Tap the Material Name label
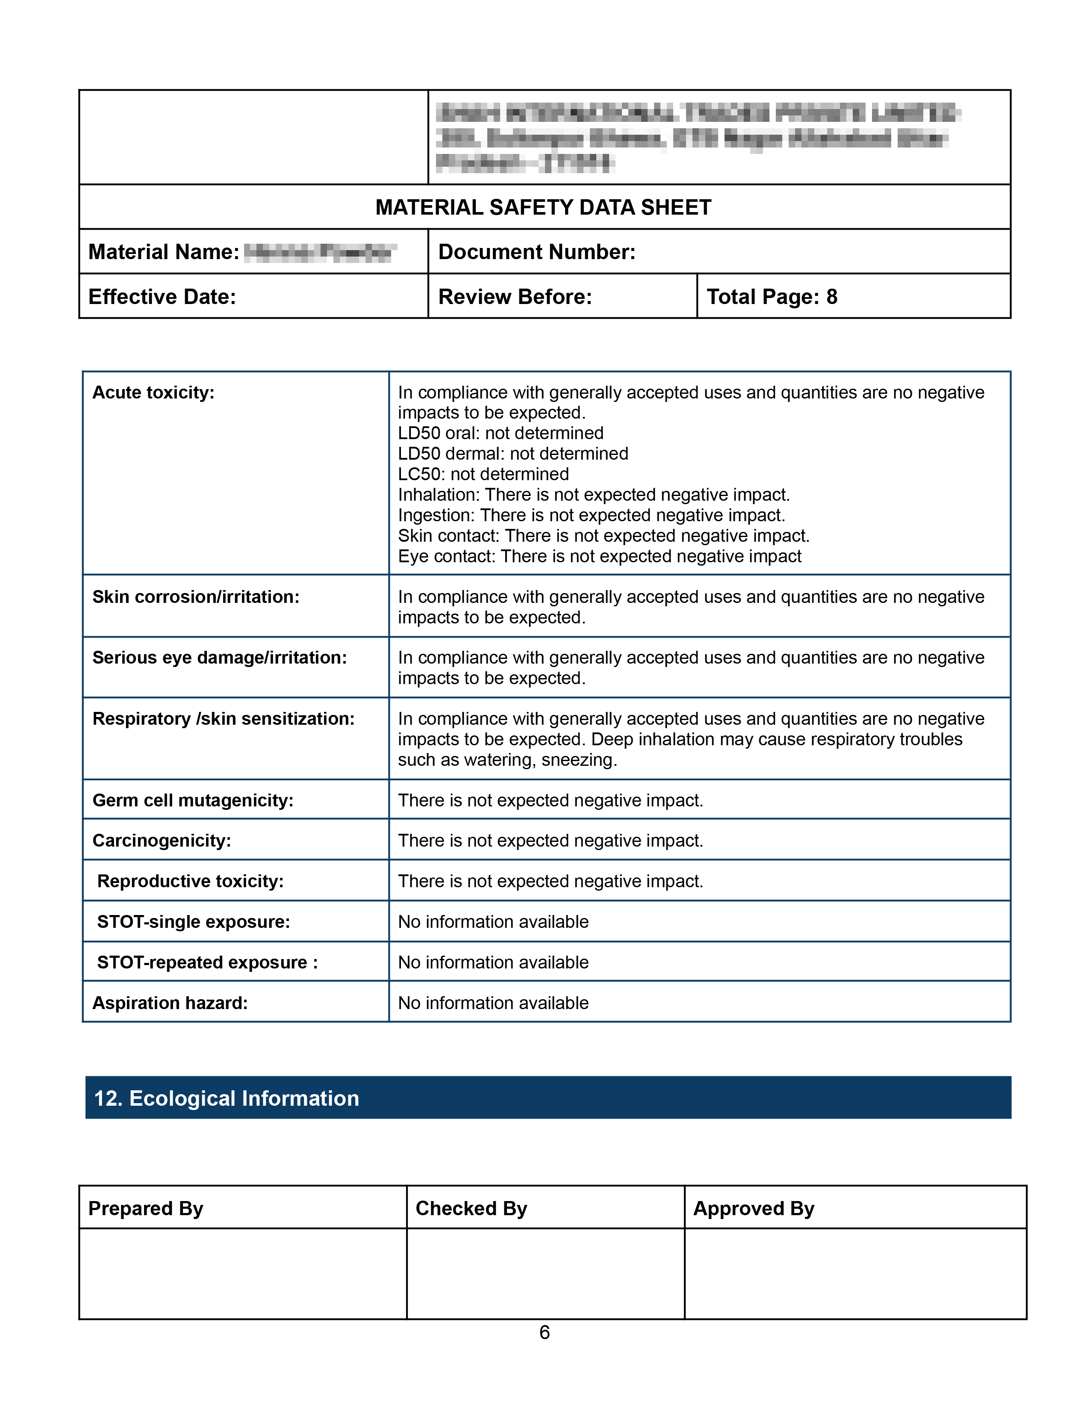[x=163, y=252]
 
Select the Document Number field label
[x=536, y=252]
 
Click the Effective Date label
[x=162, y=297]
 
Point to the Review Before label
[x=515, y=297]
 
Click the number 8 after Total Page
[x=832, y=297]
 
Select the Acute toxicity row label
[x=153, y=393]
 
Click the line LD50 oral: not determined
[x=501, y=434]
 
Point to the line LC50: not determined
[x=483, y=474]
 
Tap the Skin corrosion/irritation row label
[x=196, y=597]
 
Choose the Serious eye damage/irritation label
[x=220, y=658]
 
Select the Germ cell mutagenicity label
[x=192, y=800]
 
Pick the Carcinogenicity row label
[x=162, y=841]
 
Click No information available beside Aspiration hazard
[x=493, y=1004]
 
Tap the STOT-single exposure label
[x=193, y=922]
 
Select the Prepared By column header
[x=145, y=1209]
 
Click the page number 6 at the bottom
[x=544, y=1333]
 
